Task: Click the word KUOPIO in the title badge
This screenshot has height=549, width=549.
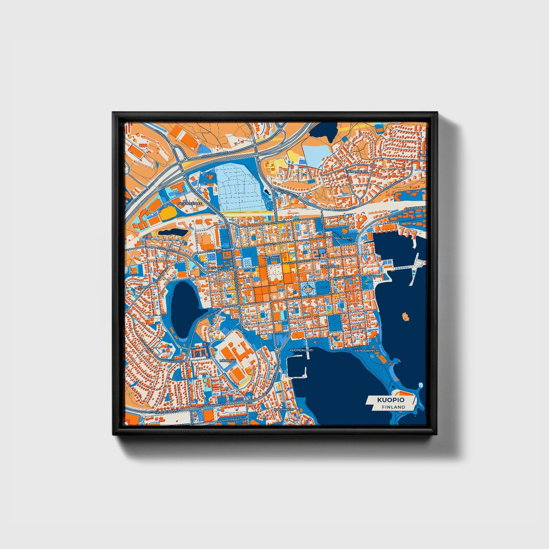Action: pos(391,400)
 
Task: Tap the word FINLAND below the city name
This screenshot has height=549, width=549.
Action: pos(394,407)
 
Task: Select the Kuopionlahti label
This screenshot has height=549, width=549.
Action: pos(301,350)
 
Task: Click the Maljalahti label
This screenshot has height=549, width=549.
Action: pos(344,238)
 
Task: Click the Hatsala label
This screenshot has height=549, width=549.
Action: pos(215,268)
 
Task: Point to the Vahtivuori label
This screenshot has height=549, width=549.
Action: pos(329,267)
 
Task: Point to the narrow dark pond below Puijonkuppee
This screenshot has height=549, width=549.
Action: pos(172,231)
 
